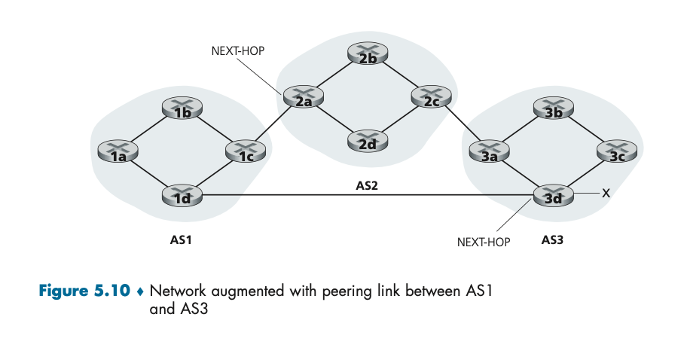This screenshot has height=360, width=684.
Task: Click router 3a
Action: pos(489,151)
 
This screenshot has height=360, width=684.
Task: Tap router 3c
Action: pos(617,151)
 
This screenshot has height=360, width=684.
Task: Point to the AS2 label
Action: pos(368,184)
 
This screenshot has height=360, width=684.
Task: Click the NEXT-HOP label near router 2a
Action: pos(238,50)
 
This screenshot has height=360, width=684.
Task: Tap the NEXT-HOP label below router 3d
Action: pos(484,243)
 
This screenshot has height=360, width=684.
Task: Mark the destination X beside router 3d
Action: pos(605,194)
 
